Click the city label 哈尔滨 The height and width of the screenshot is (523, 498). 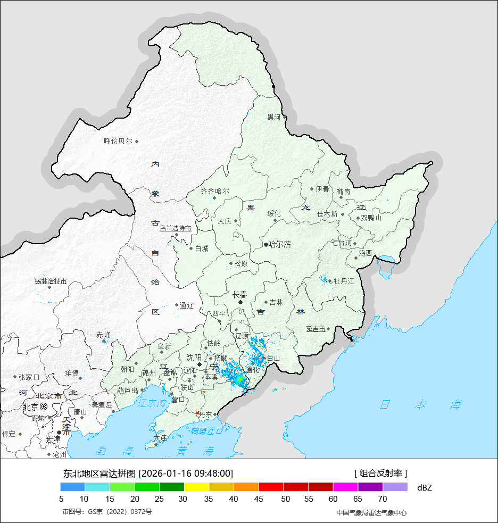click(x=279, y=245)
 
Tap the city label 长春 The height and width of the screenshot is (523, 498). click(x=240, y=295)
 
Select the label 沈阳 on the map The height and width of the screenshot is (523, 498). click(x=194, y=358)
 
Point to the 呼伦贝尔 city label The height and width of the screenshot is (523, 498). click(x=118, y=142)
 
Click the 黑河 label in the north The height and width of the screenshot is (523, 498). click(x=274, y=117)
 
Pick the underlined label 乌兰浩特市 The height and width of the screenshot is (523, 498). click(x=175, y=228)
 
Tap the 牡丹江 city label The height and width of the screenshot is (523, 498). click(x=344, y=281)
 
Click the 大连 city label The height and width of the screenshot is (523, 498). click(x=160, y=437)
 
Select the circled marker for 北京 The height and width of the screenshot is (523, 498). click(x=44, y=406)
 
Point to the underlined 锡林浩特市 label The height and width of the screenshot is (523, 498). click(x=51, y=281)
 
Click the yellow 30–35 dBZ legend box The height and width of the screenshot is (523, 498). click(x=196, y=487)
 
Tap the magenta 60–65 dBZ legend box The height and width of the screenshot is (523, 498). click(x=345, y=487)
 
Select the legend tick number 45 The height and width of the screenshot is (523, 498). click(x=259, y=499)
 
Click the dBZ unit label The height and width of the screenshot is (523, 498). click(x=425, y=487)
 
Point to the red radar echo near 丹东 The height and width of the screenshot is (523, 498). click(x=198, y=413)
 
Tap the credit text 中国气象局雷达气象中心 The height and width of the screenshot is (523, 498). click(x=371, y=512)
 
